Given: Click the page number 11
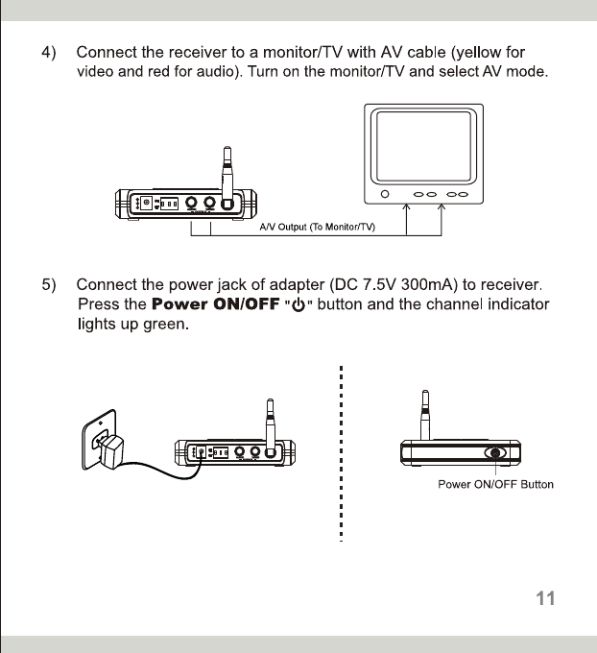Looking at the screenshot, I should [545, 598].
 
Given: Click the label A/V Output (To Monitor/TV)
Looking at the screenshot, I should [317, 226].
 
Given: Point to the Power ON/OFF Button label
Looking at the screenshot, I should [495, 484].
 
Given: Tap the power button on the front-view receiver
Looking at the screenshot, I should [496, 453].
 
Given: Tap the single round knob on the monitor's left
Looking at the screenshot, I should [386, 195].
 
